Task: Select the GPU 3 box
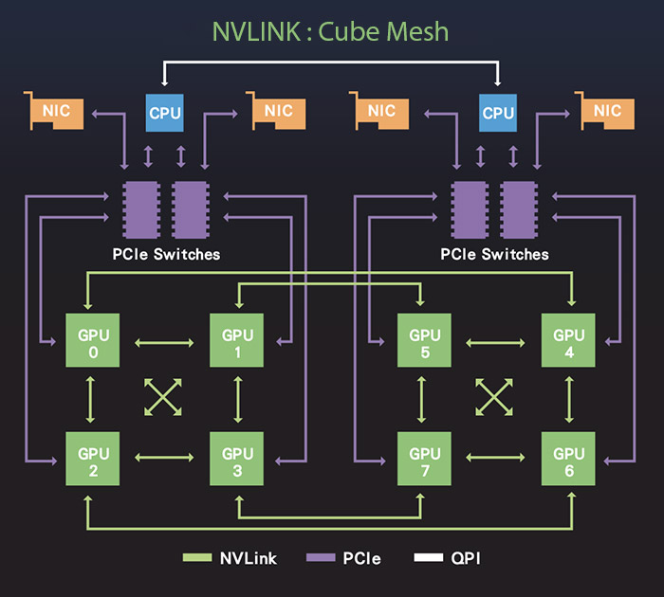tap(237, 457)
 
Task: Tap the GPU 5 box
tap(424, 341)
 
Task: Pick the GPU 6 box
tap(569, 457)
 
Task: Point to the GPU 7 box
tap(424, 457)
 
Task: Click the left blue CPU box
tap(164, 113)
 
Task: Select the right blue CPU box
tap(498, 113)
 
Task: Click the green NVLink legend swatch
tap(196, 558)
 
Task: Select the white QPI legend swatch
tap(428, 558)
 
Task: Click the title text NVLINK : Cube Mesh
tap(331, 31)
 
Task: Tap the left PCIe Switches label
tap(165, 254)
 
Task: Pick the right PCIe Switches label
tap(494, 254)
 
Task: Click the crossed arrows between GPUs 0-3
tap(163, 398)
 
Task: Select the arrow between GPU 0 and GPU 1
tap(163, 341)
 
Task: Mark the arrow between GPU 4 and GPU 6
tap(569, 398)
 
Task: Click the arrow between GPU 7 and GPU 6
tap(496, 457)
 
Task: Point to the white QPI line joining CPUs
tap(331, 63)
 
